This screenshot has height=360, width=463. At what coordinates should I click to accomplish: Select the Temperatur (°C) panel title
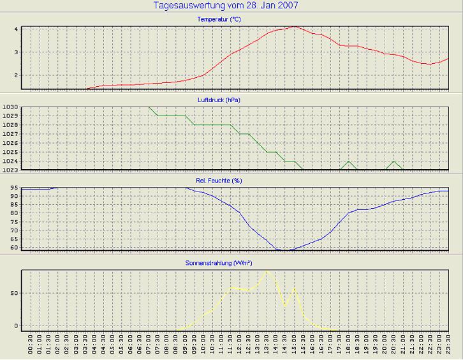[219, 20]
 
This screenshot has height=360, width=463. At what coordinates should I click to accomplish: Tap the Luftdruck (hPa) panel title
[219, 100]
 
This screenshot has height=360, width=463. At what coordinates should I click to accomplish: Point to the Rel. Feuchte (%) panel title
[219, 181]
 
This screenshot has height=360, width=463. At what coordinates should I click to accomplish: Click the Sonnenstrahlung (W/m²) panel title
[219, 262]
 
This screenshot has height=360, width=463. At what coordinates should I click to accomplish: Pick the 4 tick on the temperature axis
[15, 29]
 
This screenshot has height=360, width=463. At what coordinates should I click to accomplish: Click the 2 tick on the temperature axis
[15, 75]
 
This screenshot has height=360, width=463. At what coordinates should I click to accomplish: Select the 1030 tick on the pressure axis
[10, 107]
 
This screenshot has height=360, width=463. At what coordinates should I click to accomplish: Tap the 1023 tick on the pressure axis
[10, 170]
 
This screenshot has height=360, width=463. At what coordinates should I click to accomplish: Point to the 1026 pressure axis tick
[10, 143]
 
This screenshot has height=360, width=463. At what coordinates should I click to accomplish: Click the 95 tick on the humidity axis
[13, 188]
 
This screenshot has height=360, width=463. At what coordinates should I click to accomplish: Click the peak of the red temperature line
[293, 27]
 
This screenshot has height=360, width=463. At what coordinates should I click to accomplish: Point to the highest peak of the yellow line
[267, 271]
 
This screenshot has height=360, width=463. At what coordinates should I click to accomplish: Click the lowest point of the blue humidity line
[284, 250]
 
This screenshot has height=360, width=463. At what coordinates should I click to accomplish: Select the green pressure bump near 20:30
[394, 161]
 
